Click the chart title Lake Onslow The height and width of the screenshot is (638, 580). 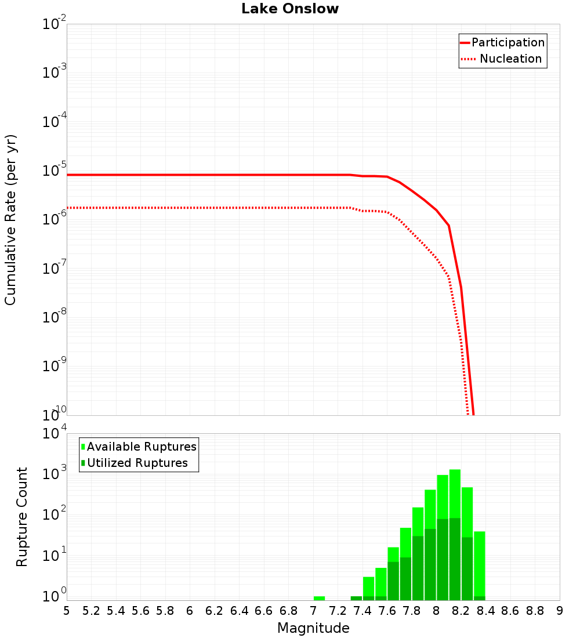coord(290,9)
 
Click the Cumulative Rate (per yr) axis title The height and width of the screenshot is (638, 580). coord(11,220)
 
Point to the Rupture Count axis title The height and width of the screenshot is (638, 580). coord(22,517)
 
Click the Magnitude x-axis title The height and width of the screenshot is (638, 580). coord(313,628)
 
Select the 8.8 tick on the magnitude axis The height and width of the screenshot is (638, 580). coord(535,611)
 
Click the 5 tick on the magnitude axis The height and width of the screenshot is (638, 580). coord(67,611)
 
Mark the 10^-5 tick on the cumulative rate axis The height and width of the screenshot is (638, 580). coord(55,171)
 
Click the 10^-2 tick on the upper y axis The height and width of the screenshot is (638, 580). coord(55,24)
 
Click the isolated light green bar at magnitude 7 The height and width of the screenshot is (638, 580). coord(319,598)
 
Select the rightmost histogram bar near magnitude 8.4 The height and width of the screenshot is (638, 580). coord(479,563)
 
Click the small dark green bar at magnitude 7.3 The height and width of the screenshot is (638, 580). coord(356,598)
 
